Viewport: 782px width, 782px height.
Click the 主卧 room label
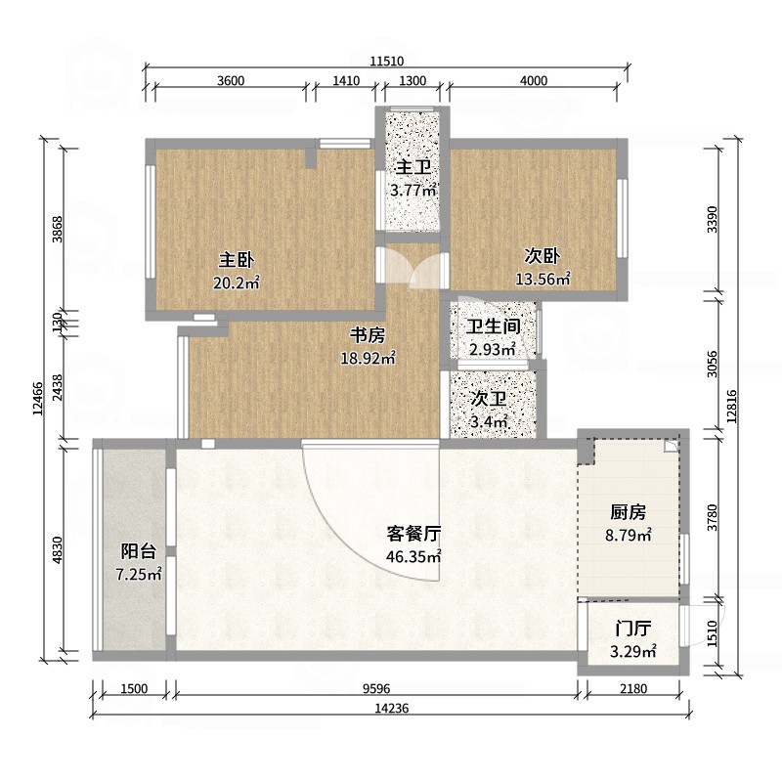237,260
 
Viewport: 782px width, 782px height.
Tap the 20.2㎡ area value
237,283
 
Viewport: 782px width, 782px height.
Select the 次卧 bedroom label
543,256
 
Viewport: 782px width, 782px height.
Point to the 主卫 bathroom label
413,167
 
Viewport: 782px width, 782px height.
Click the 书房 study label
368,335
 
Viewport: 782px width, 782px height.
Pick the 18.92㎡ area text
369,358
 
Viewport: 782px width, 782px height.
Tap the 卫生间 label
494,326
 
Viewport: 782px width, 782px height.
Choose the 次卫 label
489,399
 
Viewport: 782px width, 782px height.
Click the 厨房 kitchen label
629,512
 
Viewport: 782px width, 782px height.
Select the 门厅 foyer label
632,629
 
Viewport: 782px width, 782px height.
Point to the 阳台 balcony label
139,551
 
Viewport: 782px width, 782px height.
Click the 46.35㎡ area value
413,556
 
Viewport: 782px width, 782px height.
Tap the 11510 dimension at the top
387,62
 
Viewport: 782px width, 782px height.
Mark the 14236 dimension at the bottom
392,708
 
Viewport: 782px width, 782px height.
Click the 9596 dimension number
376,689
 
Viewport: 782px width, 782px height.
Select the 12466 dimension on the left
38,398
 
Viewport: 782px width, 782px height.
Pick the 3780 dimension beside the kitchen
713,518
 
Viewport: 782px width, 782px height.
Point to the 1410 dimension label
346,81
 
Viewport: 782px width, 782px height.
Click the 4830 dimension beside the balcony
58,550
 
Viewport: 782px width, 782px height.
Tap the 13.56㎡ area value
543,279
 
